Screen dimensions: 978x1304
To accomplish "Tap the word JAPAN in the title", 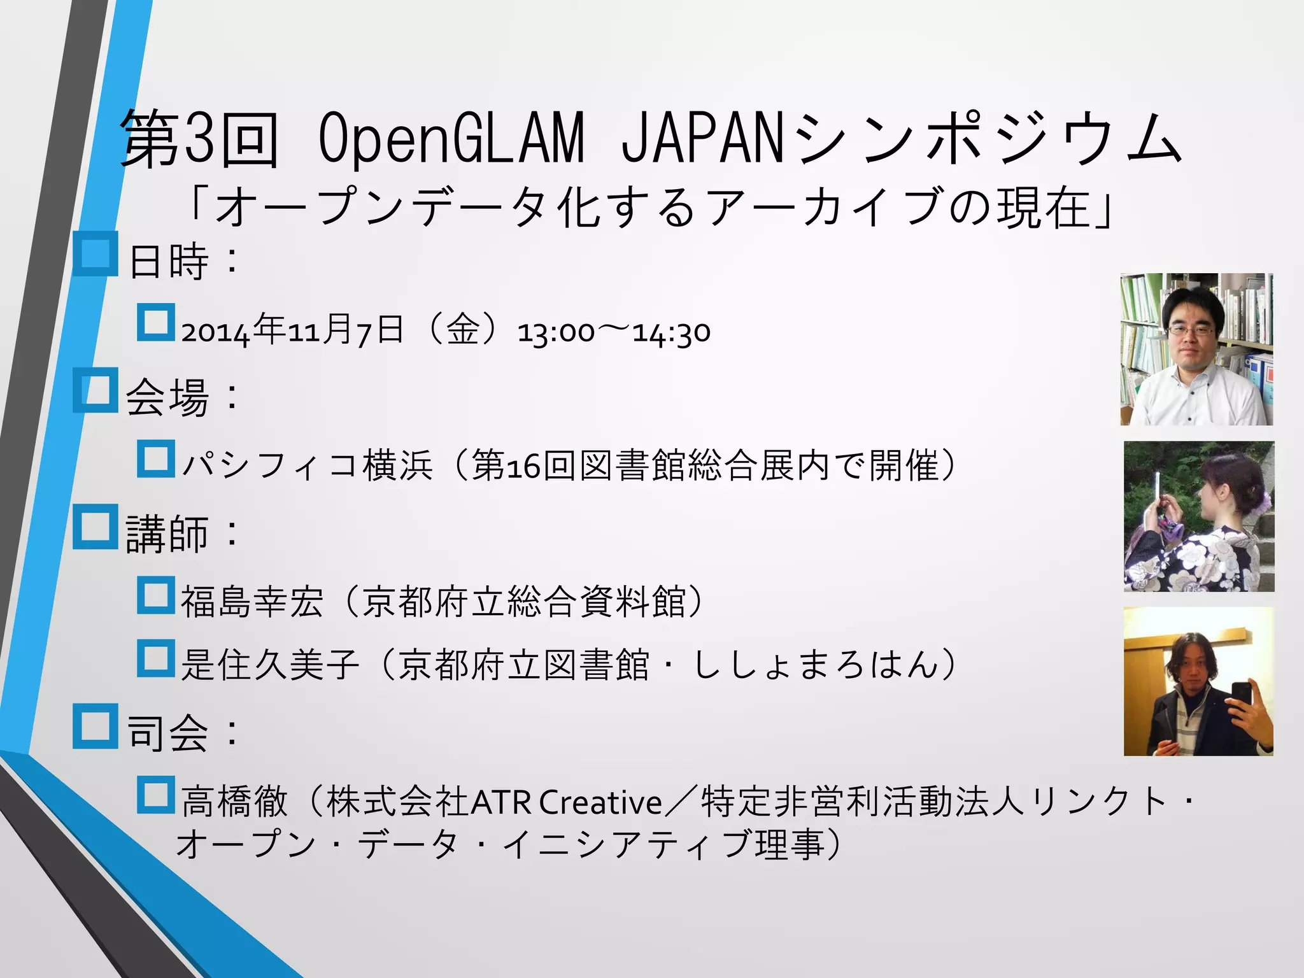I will point(700,138).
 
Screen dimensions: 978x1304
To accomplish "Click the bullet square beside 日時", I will point(96,254).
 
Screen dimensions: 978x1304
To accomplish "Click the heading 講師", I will point(167,533).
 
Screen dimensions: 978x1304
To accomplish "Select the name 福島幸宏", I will point(252,601).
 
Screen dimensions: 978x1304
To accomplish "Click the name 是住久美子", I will point(270,665).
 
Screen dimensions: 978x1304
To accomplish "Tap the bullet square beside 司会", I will point(96,725).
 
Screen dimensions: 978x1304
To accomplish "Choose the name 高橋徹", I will point(234,801).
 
